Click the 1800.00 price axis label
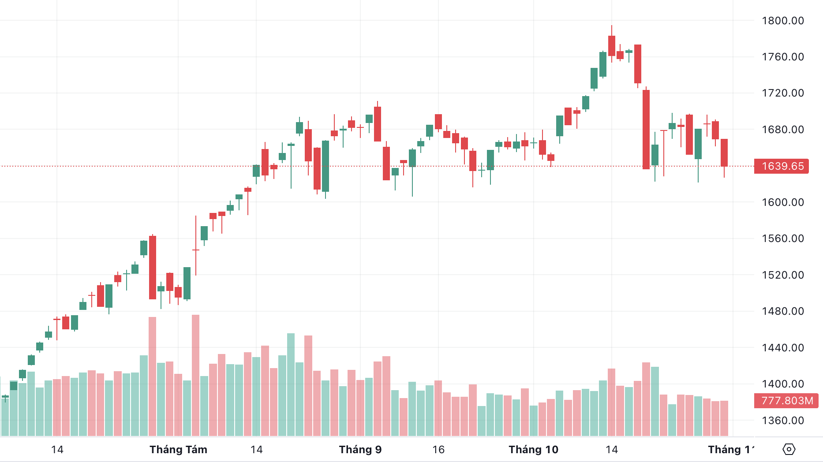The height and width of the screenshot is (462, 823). pyautogui.click(x=783, y=20)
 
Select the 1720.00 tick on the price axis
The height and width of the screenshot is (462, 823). pyautogui.click(x=783, y=93)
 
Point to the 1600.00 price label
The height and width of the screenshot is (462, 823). pyautogui.click(x=783, y=202)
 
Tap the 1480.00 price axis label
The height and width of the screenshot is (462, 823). pyautogui.click(x=783, y=311)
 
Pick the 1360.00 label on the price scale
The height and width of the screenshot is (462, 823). pyautogui.click(x=783, y=421)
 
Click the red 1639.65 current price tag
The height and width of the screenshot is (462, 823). pyautogui.click(x=782, y=166)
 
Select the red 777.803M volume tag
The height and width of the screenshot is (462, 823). pyautogui.click(x=786, y=401)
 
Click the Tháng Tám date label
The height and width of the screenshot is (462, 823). pyautogui.click(x=178, y=450)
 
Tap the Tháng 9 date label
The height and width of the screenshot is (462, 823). pyautogui.click(x=360, y=450)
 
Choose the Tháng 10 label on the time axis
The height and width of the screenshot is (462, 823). pyautogui.click(x=533, y=450)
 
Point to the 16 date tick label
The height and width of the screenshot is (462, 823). pyautogui.click(x=438, y=450)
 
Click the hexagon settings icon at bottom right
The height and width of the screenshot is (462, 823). pyautogui.click(x=789, y=449)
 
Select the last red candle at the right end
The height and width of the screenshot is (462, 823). pyautogui.click(x=724, y=153)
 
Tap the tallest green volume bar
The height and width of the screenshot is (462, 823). pyautogui.click(x=291, y=384)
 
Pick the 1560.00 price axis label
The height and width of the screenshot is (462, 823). pyautogui.click(x=783, y=238)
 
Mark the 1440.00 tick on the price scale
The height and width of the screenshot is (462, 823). pyautogui.click(x=783, y=348)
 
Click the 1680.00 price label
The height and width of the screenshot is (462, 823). pyautogui.click(x=783, y=130)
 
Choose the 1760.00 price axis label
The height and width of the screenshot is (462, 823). pyautogui.click(x=783, y=57)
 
